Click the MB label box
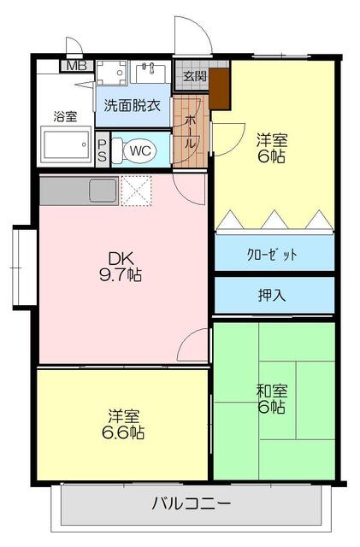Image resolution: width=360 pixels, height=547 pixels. (76, 65)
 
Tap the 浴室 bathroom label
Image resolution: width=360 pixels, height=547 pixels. (65, 115)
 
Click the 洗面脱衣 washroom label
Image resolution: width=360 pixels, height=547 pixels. (133, 106)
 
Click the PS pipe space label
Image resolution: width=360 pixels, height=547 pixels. (103, 151)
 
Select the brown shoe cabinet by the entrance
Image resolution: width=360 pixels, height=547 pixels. (221, 89)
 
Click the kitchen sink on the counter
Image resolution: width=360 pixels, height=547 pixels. (102, 189)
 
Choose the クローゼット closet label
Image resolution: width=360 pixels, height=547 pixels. (273, 254)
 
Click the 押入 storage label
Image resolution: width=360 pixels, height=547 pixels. (273, 296)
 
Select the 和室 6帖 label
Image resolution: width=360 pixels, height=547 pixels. (272, 398)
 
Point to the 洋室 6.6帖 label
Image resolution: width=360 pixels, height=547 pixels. (125, 423)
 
